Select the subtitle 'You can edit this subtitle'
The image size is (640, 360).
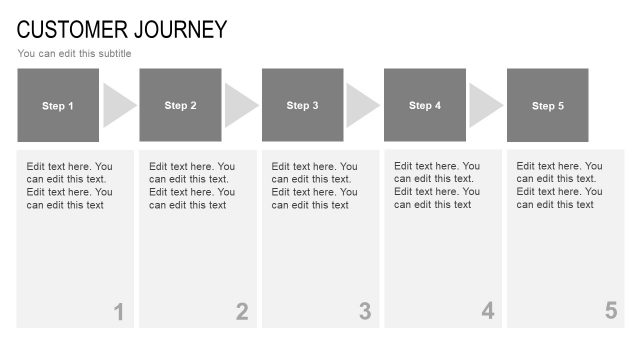(x=74, y=54)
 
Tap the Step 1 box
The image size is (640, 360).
(x=58, y=105)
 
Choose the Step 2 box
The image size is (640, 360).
(x=180, y=105)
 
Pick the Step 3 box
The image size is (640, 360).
(x=303, y=105)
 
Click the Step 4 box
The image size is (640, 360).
(x=425, y=105)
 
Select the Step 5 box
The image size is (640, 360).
(x=548, y=105)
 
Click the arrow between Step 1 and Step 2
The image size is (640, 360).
(x=118, y=105)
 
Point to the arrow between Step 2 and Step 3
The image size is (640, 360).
(x=240, y=105)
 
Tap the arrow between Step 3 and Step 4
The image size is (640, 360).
(x=362, y=105)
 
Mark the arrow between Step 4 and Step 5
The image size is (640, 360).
(x=485, y=105)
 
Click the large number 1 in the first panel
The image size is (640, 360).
(x=118, y=312)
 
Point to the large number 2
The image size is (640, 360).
(x=241, y=312)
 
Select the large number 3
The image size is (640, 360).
(x=364, y=312)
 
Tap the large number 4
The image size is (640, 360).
(x=487, y=312)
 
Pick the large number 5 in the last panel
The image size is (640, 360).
(x=610, y=312)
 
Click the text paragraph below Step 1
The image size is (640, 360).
(x=69, y=186)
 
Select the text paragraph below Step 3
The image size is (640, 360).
(x=314, y=186)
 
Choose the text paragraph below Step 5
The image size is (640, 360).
(x=559, y=186)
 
